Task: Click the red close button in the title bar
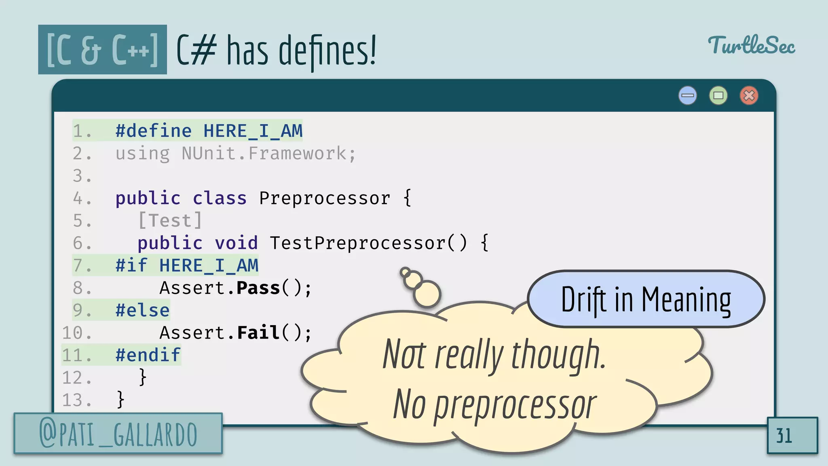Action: [x=749, y=96]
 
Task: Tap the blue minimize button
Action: [x=687, y=96]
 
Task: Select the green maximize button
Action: [x=718, y=96]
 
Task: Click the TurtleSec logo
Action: [x=751, y=45]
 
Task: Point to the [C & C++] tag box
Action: [x=102, y=49]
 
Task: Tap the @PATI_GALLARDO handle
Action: [x=118, y=434]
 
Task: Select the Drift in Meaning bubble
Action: [x=646, y=299]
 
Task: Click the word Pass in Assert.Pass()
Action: [x=258, y=288]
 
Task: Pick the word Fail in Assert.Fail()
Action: [x=258, y=333]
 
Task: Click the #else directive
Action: [x=142, y=310]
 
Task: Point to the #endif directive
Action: [x=148, y=355]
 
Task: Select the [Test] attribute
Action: [x=170, y=221]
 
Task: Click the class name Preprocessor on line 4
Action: [x=325, y=198]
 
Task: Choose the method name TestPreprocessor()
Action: [x=368, y=243]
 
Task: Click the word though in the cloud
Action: [x=558, y=355]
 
